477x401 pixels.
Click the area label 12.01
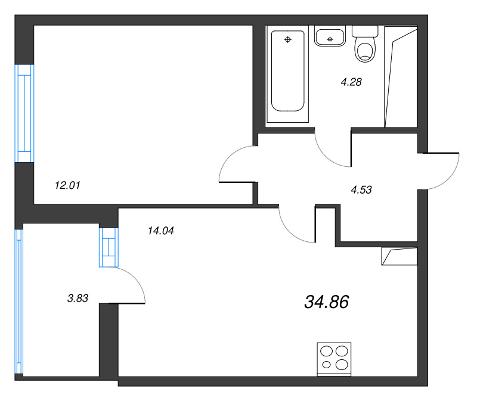coord(67,185)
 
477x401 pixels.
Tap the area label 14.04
coord(160,231)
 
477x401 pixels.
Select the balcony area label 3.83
coord(78,299)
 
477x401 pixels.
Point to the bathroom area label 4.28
coord(351,82)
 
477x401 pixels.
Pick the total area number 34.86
coord(326,302)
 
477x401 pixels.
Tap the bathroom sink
coord(330,38)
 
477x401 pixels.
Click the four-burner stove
coord(334,358)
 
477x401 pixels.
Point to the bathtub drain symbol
coord(288,40)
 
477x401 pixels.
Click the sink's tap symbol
coord(330,40)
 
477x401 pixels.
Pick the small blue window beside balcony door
coord(109,247)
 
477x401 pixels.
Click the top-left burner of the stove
coord(327,352)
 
